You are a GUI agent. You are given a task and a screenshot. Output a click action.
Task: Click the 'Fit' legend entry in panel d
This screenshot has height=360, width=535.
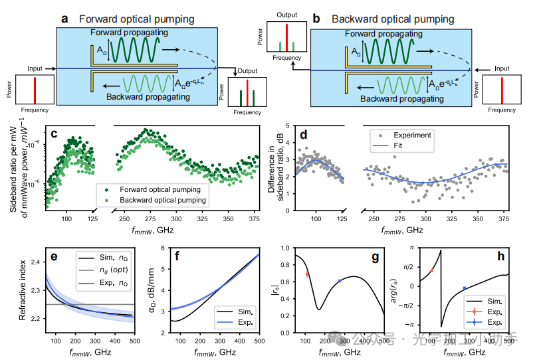click(x=397, y=146)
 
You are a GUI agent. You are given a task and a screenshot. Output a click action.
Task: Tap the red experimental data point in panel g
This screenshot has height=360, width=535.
click(x=307, y=274)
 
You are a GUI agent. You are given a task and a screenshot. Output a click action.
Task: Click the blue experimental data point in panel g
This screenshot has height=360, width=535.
click(x=340, y=281)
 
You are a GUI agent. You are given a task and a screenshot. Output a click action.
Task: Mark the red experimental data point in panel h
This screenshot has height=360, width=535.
click(x=431, y=270)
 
